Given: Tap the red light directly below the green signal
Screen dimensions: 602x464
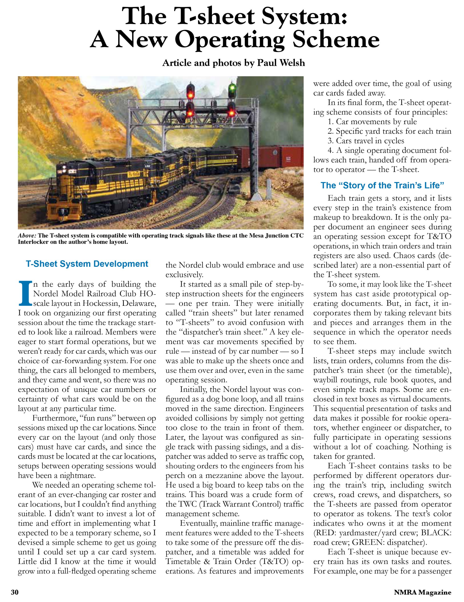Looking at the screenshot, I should click(x=232, y=112).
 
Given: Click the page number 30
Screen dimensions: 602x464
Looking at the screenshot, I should click(x=14, y=592).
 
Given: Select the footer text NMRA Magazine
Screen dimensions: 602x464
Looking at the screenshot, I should click(x=422, y=592).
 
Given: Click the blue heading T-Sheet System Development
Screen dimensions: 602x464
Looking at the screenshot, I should click(x=87, y=264).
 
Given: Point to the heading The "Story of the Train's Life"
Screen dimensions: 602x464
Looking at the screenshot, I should click(x=382, y=185).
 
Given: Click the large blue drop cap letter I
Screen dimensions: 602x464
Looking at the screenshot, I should click(x=24, y=293).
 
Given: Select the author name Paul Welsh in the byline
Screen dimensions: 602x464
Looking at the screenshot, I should click(x=281, y=63).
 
